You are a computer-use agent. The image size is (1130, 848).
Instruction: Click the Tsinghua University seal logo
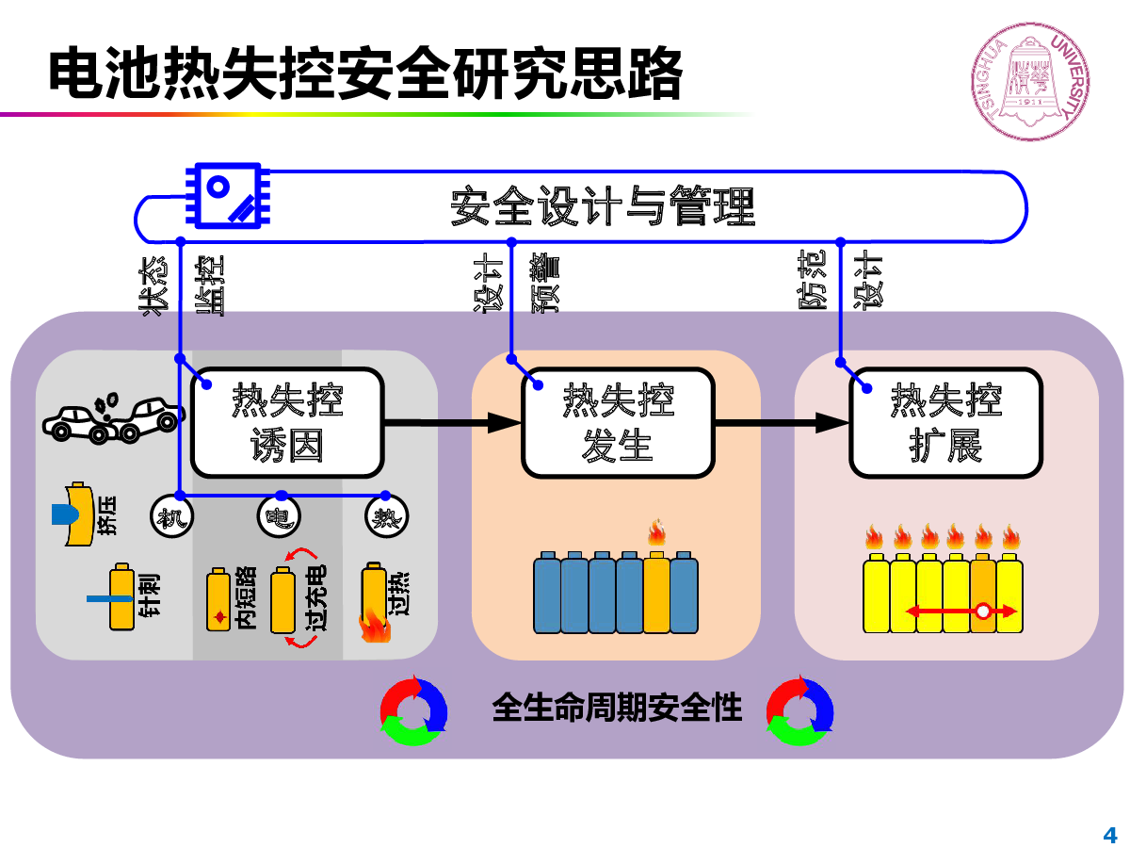[1029, 81]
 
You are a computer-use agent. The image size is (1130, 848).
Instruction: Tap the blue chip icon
[228, 195]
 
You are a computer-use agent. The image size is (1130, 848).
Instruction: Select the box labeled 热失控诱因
[287, 422]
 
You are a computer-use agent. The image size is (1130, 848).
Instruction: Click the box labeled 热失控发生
[618, 422]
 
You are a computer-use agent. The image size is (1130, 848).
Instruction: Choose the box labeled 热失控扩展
[945, 422]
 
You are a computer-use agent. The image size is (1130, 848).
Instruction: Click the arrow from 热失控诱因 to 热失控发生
[453, 423]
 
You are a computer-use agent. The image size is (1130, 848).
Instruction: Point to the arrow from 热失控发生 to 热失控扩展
[782, 423]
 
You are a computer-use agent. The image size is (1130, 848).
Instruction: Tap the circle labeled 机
[171, 516]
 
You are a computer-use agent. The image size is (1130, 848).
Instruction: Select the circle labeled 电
[279, 516]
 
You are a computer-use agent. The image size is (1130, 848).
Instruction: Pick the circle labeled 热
[386, 516]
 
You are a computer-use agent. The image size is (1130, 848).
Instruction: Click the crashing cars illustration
[113, 418]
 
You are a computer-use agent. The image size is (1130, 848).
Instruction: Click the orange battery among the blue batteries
[655, 592]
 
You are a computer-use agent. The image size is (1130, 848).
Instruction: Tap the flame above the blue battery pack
[656, 531]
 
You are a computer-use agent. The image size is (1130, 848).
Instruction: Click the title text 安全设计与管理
[603, 206]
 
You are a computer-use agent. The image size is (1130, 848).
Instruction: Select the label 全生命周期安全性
[617, 707]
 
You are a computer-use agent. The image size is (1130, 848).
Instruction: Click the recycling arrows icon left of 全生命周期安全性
[413, 711]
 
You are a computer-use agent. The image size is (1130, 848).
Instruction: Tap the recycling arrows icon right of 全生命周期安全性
[799, 711]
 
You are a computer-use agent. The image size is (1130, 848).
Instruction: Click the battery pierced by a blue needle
[121, 597]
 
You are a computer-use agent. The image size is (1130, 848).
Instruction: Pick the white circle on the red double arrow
[982, 612]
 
